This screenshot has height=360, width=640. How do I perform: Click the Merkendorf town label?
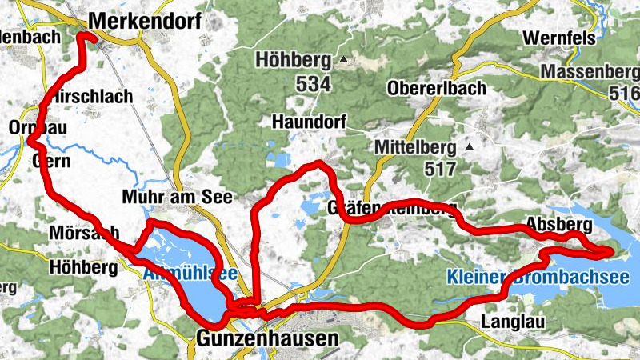(x=144, y=21)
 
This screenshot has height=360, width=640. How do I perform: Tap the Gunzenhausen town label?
(x=266, y=339)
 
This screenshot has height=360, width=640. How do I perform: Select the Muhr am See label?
(x=178, y=197)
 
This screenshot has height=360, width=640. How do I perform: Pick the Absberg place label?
(x=559, y=223)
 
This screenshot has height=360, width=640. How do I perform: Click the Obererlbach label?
(x=436, y=88)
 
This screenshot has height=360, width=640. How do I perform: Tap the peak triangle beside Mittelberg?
(x=469, y=147)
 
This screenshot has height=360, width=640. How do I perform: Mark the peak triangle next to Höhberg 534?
(x=344, y=60)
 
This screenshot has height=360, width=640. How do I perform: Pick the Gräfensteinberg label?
(x=392, y=210)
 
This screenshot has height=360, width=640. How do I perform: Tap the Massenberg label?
(x=590, y=72)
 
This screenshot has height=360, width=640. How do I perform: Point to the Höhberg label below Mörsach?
(x=83, y=267)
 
